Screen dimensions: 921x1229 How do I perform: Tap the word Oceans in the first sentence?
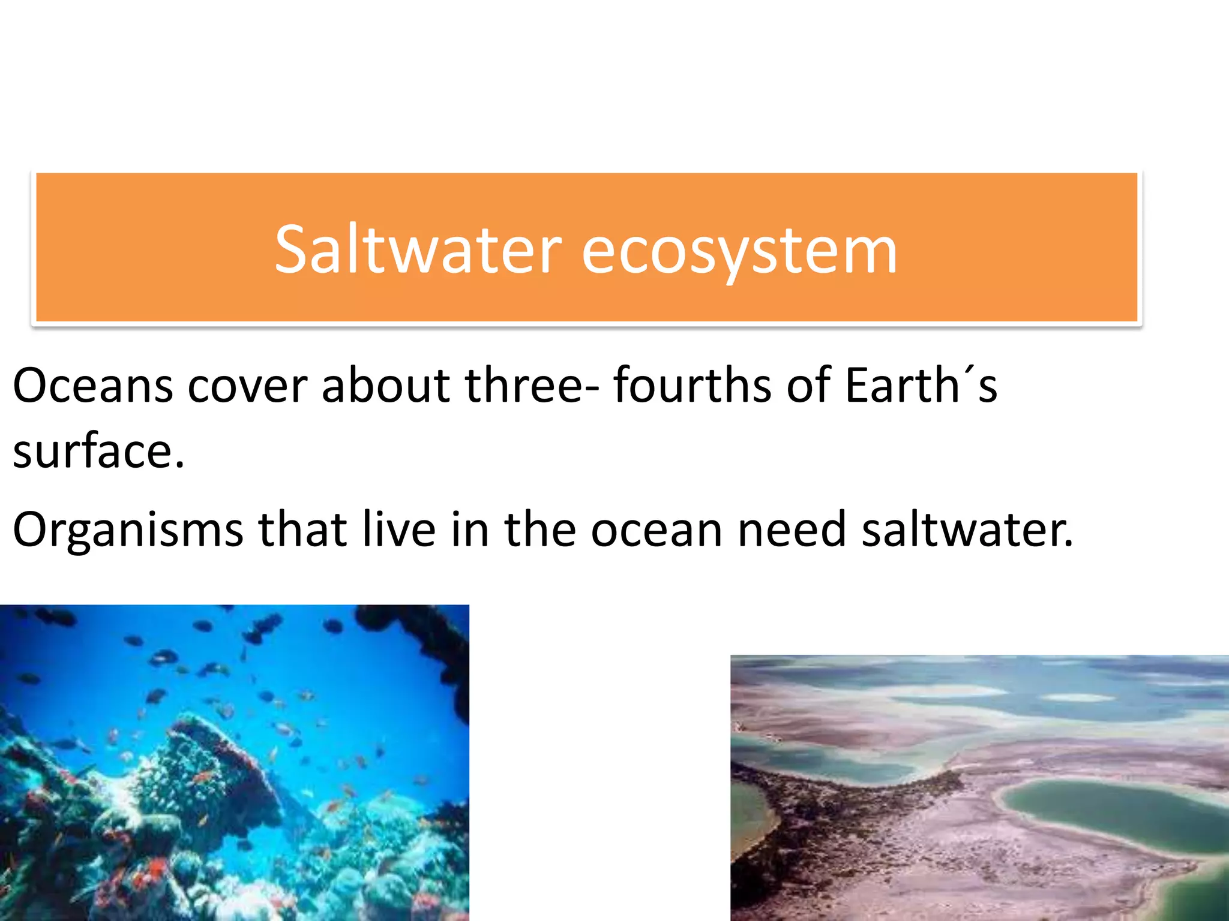(x=93, y=386)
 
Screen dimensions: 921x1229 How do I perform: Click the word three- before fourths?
(x=531, y=386)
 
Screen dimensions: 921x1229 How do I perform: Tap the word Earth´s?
(x=921, y=386)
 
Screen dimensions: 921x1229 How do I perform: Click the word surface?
(x=98, y=452)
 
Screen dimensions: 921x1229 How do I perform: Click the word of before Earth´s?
(x=808, y=386)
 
